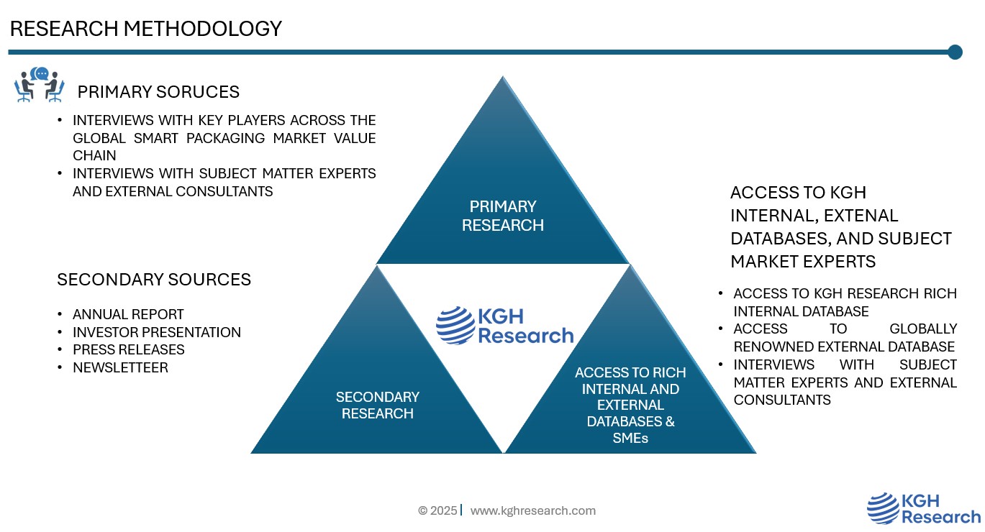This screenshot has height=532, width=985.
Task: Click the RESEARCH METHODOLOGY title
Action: point(145,29)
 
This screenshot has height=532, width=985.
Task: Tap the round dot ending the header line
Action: point(955,52)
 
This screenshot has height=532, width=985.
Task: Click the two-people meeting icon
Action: point(39,84)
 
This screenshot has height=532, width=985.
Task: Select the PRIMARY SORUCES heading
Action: point(158,92)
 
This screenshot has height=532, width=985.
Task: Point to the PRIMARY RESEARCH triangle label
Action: point(503,216)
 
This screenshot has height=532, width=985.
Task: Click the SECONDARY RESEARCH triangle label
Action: point(377,405)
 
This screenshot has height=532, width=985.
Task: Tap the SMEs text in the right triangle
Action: point(630,438)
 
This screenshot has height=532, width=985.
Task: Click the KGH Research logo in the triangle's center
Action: point(504,326)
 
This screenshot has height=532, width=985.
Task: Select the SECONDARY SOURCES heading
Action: point(154,280)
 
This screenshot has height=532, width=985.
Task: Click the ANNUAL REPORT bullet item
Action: point(128,315)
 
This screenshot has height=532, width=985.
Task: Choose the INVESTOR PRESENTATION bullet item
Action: point(157,332)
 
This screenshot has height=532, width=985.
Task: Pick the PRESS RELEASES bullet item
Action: point(128,349)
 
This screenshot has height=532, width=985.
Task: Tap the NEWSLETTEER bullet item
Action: point(120,367)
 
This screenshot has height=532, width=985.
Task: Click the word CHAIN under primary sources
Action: point(94,155)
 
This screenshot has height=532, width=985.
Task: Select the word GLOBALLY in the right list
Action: point(923,329)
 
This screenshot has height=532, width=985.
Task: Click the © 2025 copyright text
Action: point(437,510)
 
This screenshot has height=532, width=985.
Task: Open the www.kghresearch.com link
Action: point(533,510)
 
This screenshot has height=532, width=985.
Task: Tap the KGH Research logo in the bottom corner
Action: point(923,509)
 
